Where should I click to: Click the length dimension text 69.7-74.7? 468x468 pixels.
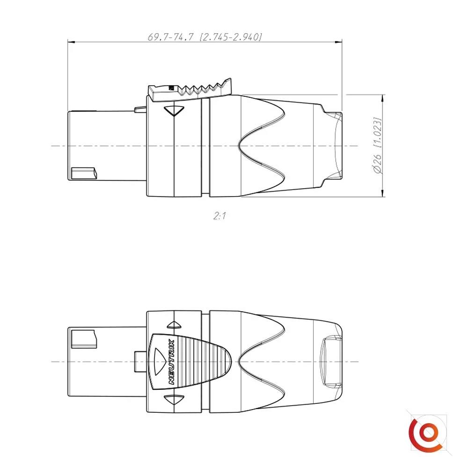(170, 37)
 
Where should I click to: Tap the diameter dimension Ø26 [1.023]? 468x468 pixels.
(378, 146)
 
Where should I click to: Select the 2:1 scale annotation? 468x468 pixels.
(219, 215)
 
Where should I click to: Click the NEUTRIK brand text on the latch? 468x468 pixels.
(172, 361)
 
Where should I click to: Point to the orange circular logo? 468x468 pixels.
(425, 433)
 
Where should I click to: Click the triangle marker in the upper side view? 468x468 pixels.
(174, 111)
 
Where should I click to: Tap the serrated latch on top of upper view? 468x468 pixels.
(190, 89)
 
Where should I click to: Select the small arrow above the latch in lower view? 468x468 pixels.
(175, 325)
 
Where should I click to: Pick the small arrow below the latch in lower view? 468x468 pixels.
(174, 399)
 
